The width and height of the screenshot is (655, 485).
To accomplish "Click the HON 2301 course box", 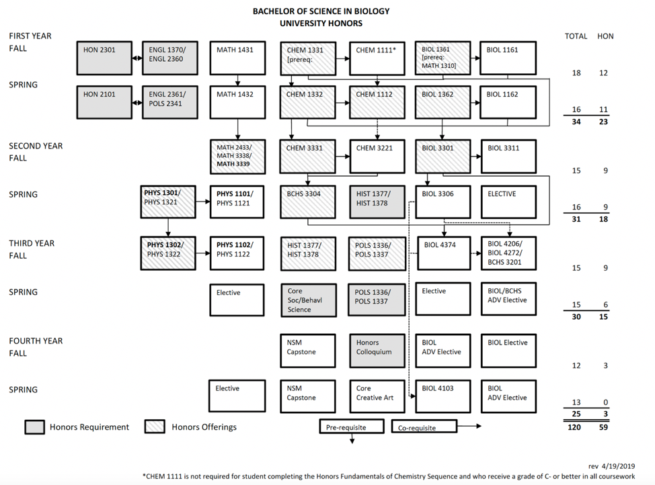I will [104, 58].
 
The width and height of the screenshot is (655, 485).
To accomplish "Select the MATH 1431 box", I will [237, 58].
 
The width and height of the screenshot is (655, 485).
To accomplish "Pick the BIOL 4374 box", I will [444, 253].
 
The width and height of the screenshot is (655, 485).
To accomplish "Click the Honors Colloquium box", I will [377, 351].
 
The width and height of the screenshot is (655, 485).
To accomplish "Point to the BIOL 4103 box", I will [442, 396].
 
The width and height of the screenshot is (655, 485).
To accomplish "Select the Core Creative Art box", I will [377, 396].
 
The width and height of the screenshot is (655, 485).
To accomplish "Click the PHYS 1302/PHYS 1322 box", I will [168, 253].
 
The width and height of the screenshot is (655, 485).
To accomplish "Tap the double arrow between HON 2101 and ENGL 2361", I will [137, 103].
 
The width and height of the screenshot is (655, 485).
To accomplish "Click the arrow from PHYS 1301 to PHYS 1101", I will [203, 202].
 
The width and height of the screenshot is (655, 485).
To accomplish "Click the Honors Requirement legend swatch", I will [35, 427].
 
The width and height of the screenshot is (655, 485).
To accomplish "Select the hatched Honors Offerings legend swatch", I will [155, 427].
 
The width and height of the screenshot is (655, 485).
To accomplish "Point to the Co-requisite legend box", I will [424, 427].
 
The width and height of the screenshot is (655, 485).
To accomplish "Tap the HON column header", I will [605, 36].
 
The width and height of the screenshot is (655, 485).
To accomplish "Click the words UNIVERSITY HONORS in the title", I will [321, 23].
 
